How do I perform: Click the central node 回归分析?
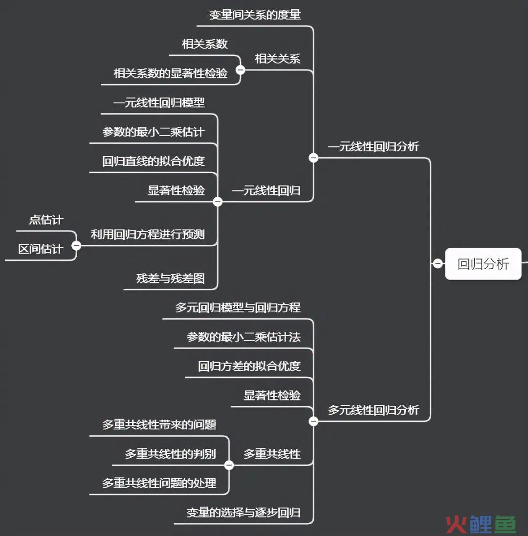483,264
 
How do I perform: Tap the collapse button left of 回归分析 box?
438,263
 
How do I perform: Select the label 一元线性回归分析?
374,147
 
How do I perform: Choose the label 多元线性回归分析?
374,410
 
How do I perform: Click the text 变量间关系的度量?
255,15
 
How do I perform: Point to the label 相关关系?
278,59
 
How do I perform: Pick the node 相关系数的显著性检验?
170,73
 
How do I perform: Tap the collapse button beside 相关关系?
241,70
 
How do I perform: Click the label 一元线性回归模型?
159,103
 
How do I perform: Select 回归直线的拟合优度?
153,161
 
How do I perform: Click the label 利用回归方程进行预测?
148,234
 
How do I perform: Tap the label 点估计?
46,220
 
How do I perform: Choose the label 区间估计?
41,249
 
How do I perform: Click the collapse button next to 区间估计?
76,245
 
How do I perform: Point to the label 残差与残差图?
170,278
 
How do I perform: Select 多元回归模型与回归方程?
238,308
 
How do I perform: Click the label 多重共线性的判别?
170,454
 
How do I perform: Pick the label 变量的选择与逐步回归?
243,513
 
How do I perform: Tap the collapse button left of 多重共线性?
229,465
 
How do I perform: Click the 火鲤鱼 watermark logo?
481,524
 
